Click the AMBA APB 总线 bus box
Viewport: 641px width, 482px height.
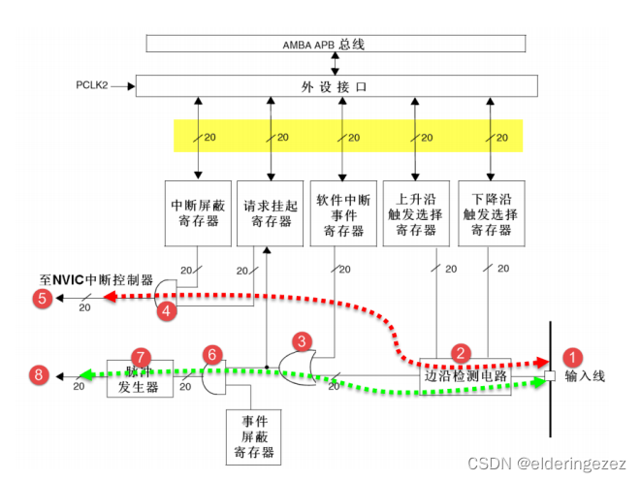[336, 44]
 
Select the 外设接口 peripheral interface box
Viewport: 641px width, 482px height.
[336, 86]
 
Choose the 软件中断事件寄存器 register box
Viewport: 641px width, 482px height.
[339, 212]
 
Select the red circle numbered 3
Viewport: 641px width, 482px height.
[304, 340]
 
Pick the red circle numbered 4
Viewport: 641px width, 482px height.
[167, 311]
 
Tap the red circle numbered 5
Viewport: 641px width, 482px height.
[43, 299]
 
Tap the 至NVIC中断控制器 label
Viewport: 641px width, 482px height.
[93, 279]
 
